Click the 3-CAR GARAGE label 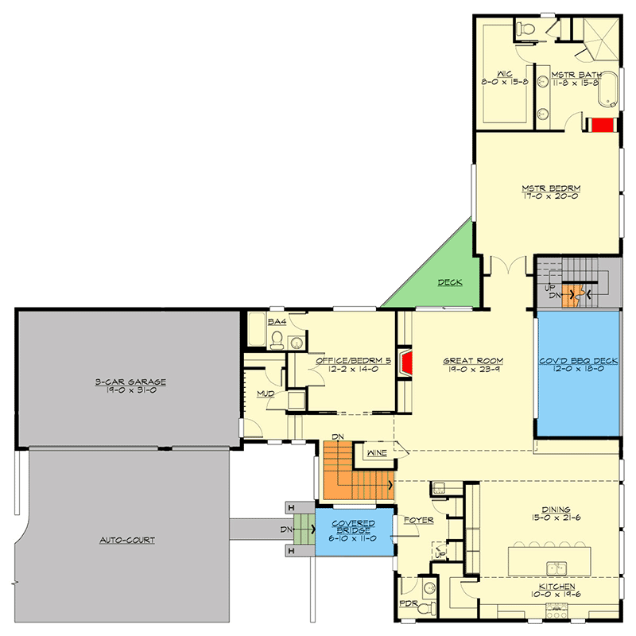point(126,382)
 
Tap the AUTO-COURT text point(126,540)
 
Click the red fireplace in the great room point(406,363)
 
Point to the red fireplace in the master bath point(602,124)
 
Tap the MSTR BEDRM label point(551,188)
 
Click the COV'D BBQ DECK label point(578,361)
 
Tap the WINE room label point(376,453)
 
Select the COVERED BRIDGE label point(353,524)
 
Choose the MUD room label point(265,394)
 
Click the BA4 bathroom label point(276,322)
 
